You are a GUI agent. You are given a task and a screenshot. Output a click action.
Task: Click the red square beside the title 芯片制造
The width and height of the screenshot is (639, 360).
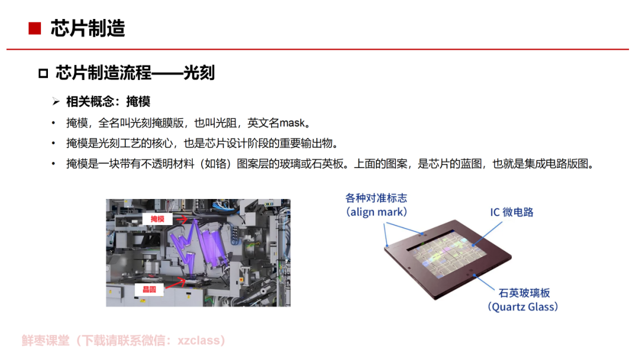click(x=35, y=28)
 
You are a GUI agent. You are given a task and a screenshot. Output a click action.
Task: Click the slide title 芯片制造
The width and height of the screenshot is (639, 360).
click(x=88, y=28)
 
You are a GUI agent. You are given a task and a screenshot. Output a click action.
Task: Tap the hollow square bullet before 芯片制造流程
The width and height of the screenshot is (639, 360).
click(x=43, y=73)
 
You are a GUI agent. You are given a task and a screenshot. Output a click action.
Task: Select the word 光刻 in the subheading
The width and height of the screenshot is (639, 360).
click(x=199, y=73)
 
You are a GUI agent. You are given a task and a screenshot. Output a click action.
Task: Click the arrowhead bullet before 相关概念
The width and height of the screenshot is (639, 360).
click(x=56, y=101)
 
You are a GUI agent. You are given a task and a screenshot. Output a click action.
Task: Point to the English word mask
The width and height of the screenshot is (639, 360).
click(x=292, y=123)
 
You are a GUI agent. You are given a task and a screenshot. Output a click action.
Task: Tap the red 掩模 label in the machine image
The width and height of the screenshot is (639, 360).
click(x=157, y=219)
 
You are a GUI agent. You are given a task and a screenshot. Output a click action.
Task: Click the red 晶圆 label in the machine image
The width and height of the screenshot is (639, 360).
click(x=149, y=290)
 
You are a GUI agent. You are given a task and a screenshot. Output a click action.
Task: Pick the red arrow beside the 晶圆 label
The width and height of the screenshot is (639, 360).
click(x=176, y=282)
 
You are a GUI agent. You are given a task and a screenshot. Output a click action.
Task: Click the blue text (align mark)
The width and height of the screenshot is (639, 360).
click(x=376, y=212)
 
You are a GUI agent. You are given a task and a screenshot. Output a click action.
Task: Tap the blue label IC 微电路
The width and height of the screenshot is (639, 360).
click(x=511, y=213)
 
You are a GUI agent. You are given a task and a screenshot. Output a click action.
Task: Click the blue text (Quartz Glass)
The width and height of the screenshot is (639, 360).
click(x=523, y=307)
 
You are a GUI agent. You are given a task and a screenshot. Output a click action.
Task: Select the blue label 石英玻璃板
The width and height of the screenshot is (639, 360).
click(x=524, y=292)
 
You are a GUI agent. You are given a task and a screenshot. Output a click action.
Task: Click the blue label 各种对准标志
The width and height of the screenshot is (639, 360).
click(x=376, y=198)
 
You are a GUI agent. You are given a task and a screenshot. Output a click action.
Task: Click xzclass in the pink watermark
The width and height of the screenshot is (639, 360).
click(x=198, y=340)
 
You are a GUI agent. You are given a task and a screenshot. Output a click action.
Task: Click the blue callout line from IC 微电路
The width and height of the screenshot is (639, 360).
click(x=488, y=234)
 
